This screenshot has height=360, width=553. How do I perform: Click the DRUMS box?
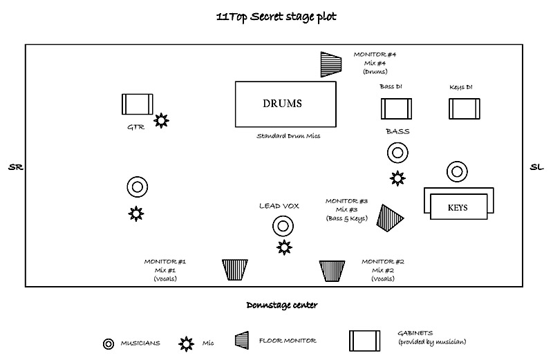(x=285, y=104)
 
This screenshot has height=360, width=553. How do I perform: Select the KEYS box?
(x=458, y=207)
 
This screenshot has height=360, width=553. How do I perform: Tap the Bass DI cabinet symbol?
(x=396, y=108)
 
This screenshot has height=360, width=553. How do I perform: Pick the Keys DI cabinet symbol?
(x=465, y=108)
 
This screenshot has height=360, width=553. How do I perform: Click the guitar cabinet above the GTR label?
(x=137, y=104)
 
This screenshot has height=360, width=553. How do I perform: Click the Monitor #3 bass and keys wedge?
(x=390, y=217)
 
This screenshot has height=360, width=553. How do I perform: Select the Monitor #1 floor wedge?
(x=235, y=269)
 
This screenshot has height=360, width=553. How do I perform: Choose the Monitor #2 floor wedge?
(x=332, y=269)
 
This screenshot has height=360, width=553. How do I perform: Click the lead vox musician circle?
(x=282, y=226)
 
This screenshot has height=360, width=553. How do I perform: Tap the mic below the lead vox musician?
(x=284, y=247)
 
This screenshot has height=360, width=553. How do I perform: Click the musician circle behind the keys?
(x=457, y=171)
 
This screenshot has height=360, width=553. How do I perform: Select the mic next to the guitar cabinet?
(x=161, y=121)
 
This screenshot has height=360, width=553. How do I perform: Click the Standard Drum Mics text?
(x=288, y=136)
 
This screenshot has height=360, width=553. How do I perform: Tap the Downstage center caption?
(x=281, y=304)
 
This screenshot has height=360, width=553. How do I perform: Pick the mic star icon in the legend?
(x=186, y=343)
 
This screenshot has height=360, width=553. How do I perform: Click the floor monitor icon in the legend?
(x=242, y=340)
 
